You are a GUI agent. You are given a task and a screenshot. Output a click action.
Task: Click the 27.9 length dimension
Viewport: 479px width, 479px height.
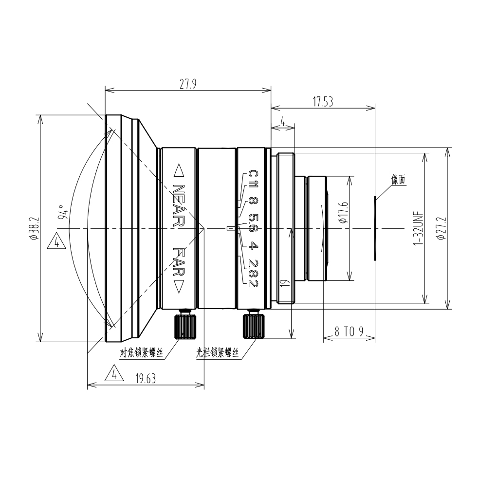click(x=187, y=84)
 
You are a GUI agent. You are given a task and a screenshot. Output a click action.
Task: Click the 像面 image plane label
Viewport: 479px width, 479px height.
click(x=398, y=180)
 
